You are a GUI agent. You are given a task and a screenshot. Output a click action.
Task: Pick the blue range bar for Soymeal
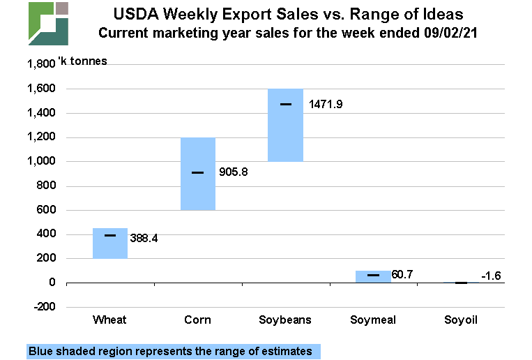pyautogui.click(x=373, y=276)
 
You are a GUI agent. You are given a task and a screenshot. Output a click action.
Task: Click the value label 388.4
pyautogui.click(x=144, y=238)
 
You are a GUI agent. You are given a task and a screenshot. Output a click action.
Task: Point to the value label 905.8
pyautogui.click(x=231, y=172)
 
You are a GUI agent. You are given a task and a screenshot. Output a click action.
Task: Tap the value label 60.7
pyautogui.click(x=402, y=275)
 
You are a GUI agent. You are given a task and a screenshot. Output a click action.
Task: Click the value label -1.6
pyautogui.click(x=493, y=276)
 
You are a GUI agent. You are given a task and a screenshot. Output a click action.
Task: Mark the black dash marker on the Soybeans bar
pyautogui.click(x=286, y=104)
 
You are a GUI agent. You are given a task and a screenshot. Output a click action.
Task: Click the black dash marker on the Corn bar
pyautogui.click(x=198, y=172)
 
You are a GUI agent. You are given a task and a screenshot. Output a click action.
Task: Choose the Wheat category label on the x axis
pyautogui.click(x=110, y=320)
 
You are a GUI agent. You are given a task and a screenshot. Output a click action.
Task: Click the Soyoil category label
pyautogui.click(x=462, y=320)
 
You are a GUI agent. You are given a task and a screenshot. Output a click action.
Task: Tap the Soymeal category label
pyautogui.click(x=373, y=320)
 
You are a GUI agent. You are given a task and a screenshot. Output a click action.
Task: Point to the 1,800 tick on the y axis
pyautogui.click(x=40, y=64)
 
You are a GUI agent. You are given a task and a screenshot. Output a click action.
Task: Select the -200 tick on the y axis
pyautogui.click(x=43, y=307)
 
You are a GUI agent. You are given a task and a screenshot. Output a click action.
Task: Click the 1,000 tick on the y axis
pyautogui.click(x=40, y=161)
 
